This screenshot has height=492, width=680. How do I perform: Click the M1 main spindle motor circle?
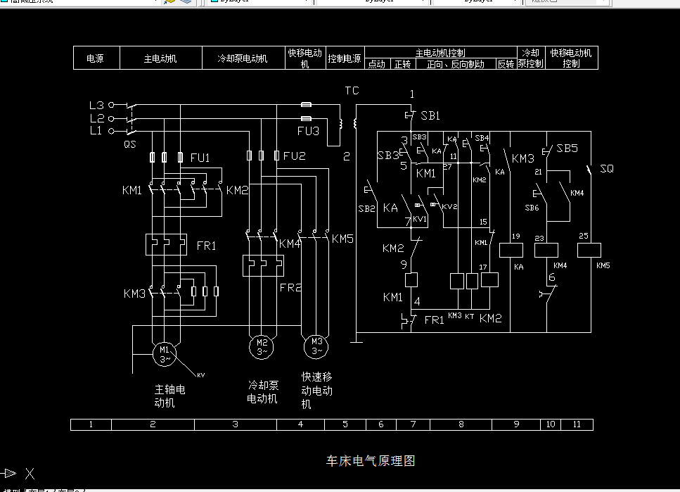165,354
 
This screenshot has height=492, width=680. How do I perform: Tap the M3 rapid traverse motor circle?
316,346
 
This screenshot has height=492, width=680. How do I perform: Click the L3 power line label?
96,105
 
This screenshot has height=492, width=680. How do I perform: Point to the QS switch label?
130,144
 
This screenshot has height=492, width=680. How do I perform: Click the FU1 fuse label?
200,158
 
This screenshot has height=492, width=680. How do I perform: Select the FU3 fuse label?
308,131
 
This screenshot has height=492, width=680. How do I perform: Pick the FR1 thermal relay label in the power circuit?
206,246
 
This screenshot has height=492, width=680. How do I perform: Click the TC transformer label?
352,91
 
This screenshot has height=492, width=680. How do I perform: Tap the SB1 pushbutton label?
430,115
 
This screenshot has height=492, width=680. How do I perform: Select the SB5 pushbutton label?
567,149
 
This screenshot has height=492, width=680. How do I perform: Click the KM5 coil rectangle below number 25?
588,250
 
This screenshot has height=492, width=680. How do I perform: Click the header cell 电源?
96,58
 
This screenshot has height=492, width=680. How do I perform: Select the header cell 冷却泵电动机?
243,58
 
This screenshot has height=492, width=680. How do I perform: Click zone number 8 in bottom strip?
461,424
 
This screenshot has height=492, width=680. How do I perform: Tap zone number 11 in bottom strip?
577,424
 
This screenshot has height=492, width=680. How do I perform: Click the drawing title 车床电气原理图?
371,461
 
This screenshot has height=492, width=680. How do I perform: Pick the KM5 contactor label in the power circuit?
342,239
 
